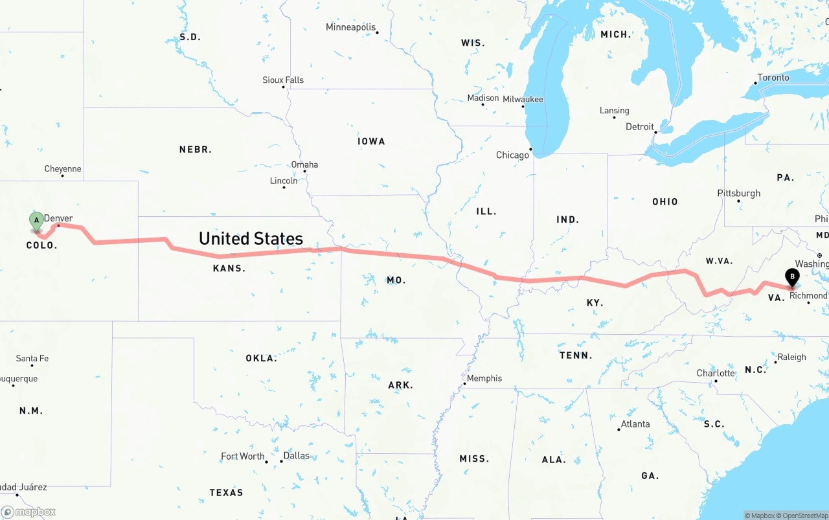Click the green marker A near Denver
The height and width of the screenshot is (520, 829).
(x=37, y=220)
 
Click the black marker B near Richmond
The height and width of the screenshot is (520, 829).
(x=791, y=277)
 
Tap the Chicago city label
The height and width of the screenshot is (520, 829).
(x=512, y=155)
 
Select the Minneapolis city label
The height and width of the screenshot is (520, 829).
(x=350, y=27)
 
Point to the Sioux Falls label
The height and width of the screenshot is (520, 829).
(x=283, y=80)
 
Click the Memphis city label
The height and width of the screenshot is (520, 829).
(x=484, y=378)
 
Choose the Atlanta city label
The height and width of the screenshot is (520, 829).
(x=635, y=424)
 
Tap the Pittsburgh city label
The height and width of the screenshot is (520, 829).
(x=738, y=194)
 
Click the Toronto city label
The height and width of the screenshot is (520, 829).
(x=773, y=78)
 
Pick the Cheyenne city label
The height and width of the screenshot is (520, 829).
(x=63, y=169)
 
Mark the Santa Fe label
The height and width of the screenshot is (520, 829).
(x=32, y=359)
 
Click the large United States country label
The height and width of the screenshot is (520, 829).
(x=251, y=238)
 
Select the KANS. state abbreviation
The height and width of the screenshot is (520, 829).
(x=229, y=268)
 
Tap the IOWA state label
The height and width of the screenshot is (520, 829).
(x=371, y=141)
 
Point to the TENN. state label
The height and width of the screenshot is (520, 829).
(x=576, y=356)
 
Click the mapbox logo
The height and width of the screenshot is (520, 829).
(x=28, y=512)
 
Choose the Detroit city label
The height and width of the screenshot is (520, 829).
(x=639, y=127)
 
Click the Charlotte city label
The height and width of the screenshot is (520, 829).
(x=716, y=373)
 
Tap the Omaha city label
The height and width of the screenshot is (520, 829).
(x=304, y=164)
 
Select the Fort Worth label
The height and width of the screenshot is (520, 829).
(x=243, y=457)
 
